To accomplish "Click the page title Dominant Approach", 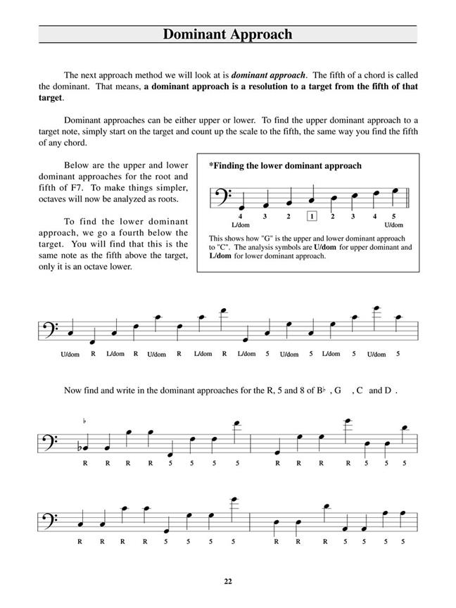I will [x=227, y=34].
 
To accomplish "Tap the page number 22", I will [x=227, y=581].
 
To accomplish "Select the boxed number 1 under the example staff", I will [x=312, y=216].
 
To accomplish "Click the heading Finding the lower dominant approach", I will [x=285, y=166].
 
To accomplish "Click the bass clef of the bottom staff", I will [x=51, y=519].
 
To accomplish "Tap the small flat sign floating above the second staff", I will [x=85, y=422].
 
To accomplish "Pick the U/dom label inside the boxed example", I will [x=393, y=224].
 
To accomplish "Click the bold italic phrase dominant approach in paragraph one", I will [x=268, y=75].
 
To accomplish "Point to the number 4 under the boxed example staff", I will [x=240, y=216].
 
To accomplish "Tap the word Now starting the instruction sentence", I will [x=73, y=390].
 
